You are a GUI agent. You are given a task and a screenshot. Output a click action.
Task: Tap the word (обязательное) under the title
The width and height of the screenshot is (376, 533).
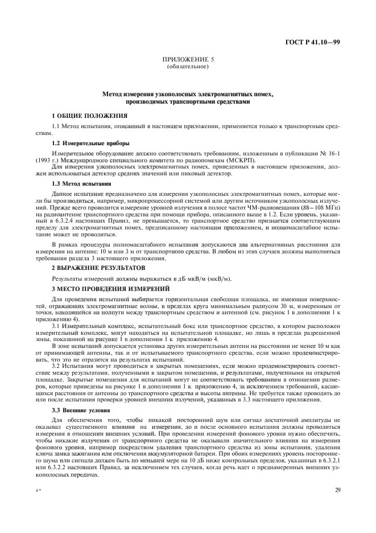[188, 67]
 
